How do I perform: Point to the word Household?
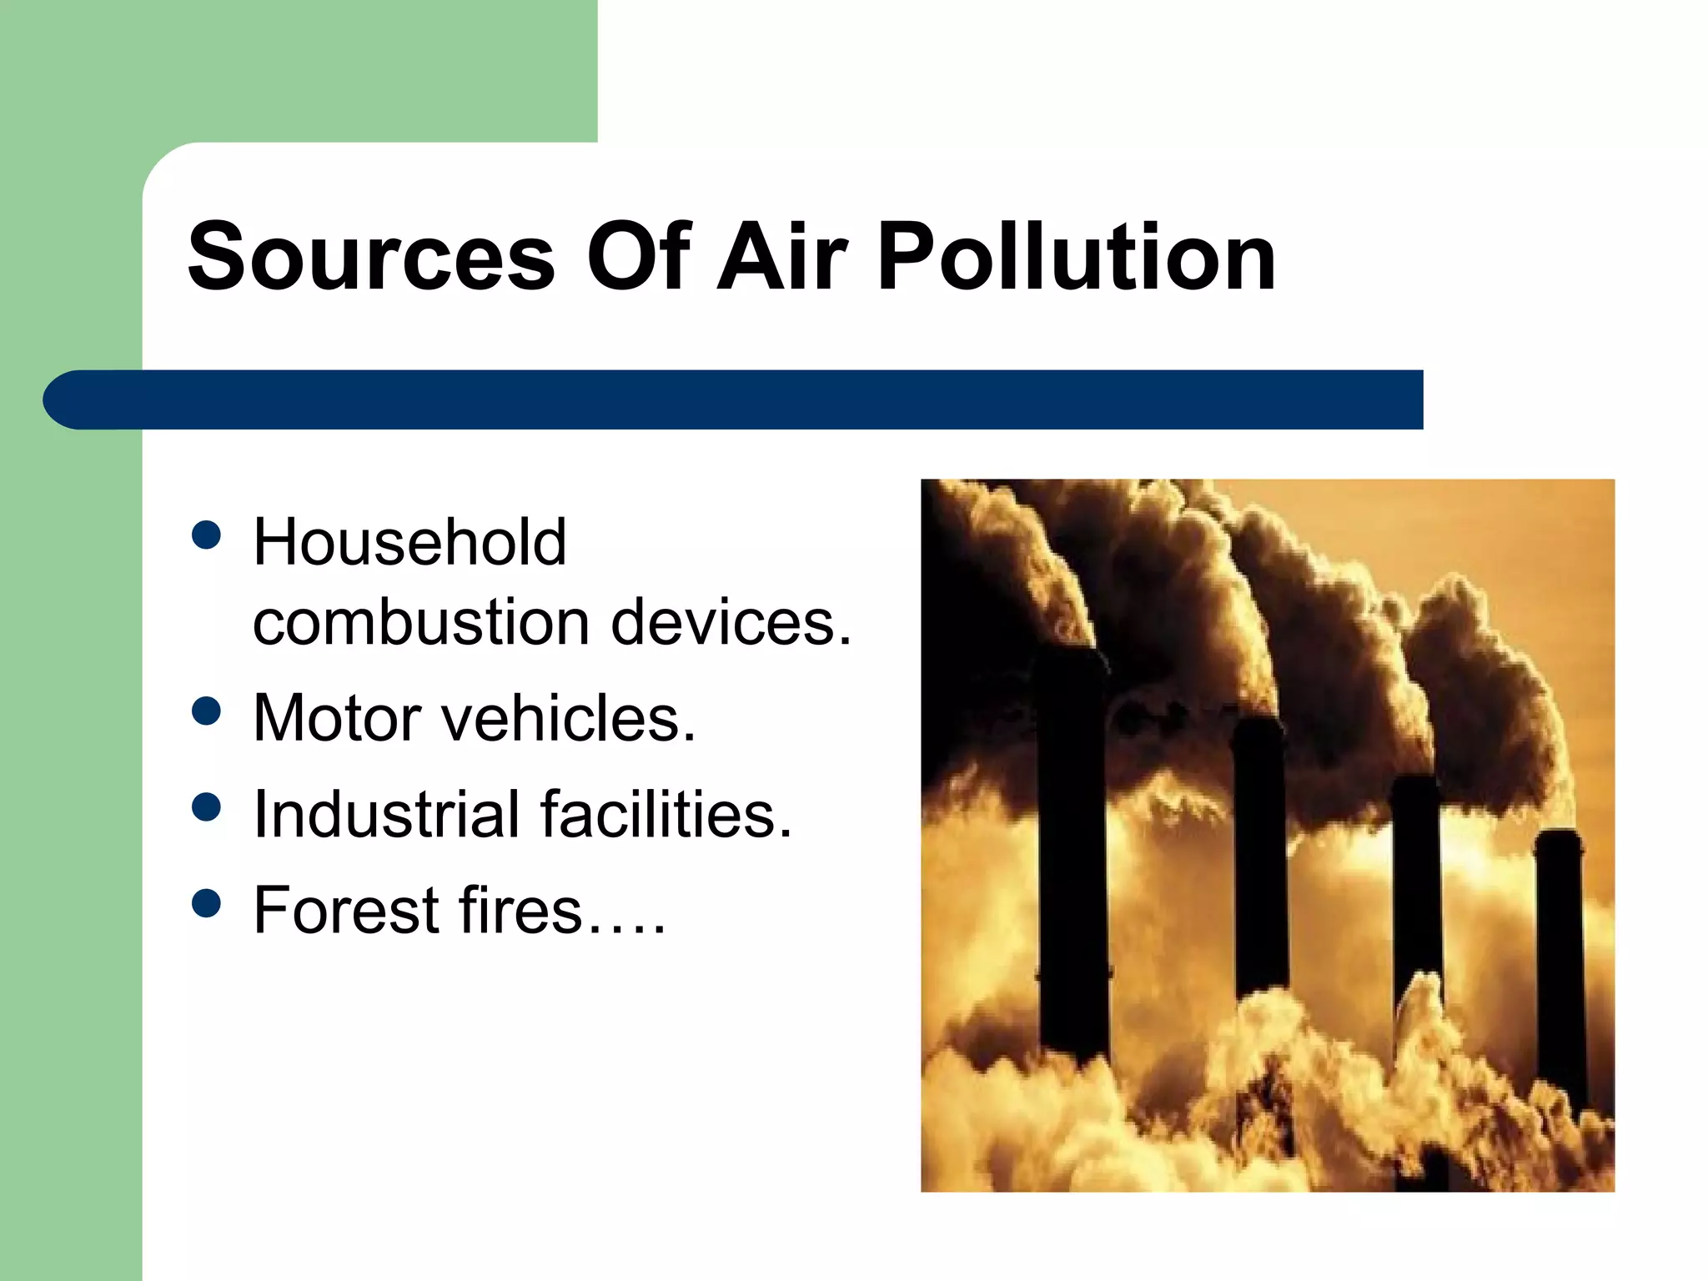tap(409, 542)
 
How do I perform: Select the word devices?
tap(731, 623)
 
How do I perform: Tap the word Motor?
tap(337, 718)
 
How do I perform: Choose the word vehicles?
tap(567, 718)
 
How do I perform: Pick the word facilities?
tap(666, 814)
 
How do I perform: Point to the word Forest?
tap(346, 910)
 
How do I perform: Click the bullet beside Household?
tap(206, 536)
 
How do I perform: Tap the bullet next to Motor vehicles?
tap(206, 711)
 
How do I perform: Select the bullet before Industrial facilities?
tap(206, 806)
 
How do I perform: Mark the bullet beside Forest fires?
tap(206, 902)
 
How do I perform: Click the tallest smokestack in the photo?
tap(1073, 859)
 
